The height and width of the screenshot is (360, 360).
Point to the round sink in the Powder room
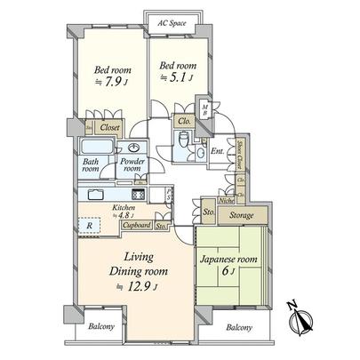[135, 148]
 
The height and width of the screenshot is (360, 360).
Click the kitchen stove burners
[139, 195]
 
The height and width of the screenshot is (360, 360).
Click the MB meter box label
[205, 111]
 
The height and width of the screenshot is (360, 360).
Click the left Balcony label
[101, 325]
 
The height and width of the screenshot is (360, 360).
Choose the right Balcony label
[237, 327]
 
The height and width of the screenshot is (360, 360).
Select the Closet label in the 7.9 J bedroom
[110, 127]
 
